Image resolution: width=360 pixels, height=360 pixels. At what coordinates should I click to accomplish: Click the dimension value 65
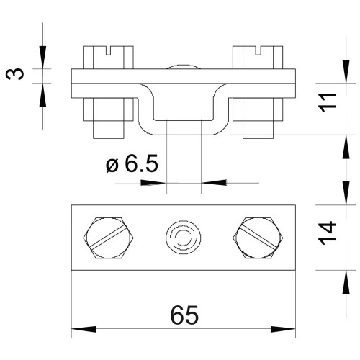pyautogui.click(x=184, y=315)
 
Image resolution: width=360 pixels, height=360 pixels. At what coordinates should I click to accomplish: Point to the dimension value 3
pyautogui.click(x=15, y=74)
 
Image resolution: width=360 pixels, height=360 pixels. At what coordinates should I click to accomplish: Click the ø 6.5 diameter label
pyautogui.click(x=132, y=163)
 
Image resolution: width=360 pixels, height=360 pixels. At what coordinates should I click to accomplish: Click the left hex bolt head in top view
pyautogui.click(x=108, y=238)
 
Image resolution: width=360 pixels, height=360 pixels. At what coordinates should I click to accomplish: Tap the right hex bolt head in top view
pyautogui.click(x=258, y=238)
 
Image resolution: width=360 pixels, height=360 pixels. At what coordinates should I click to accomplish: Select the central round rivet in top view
pyautogui.click(x=184, y=238)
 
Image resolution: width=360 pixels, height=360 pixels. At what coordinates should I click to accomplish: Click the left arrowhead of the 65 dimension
pyautogui.click(x=84, y=329)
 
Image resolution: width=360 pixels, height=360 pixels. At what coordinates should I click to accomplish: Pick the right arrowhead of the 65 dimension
pyautogui.click(x=283, y=329)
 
